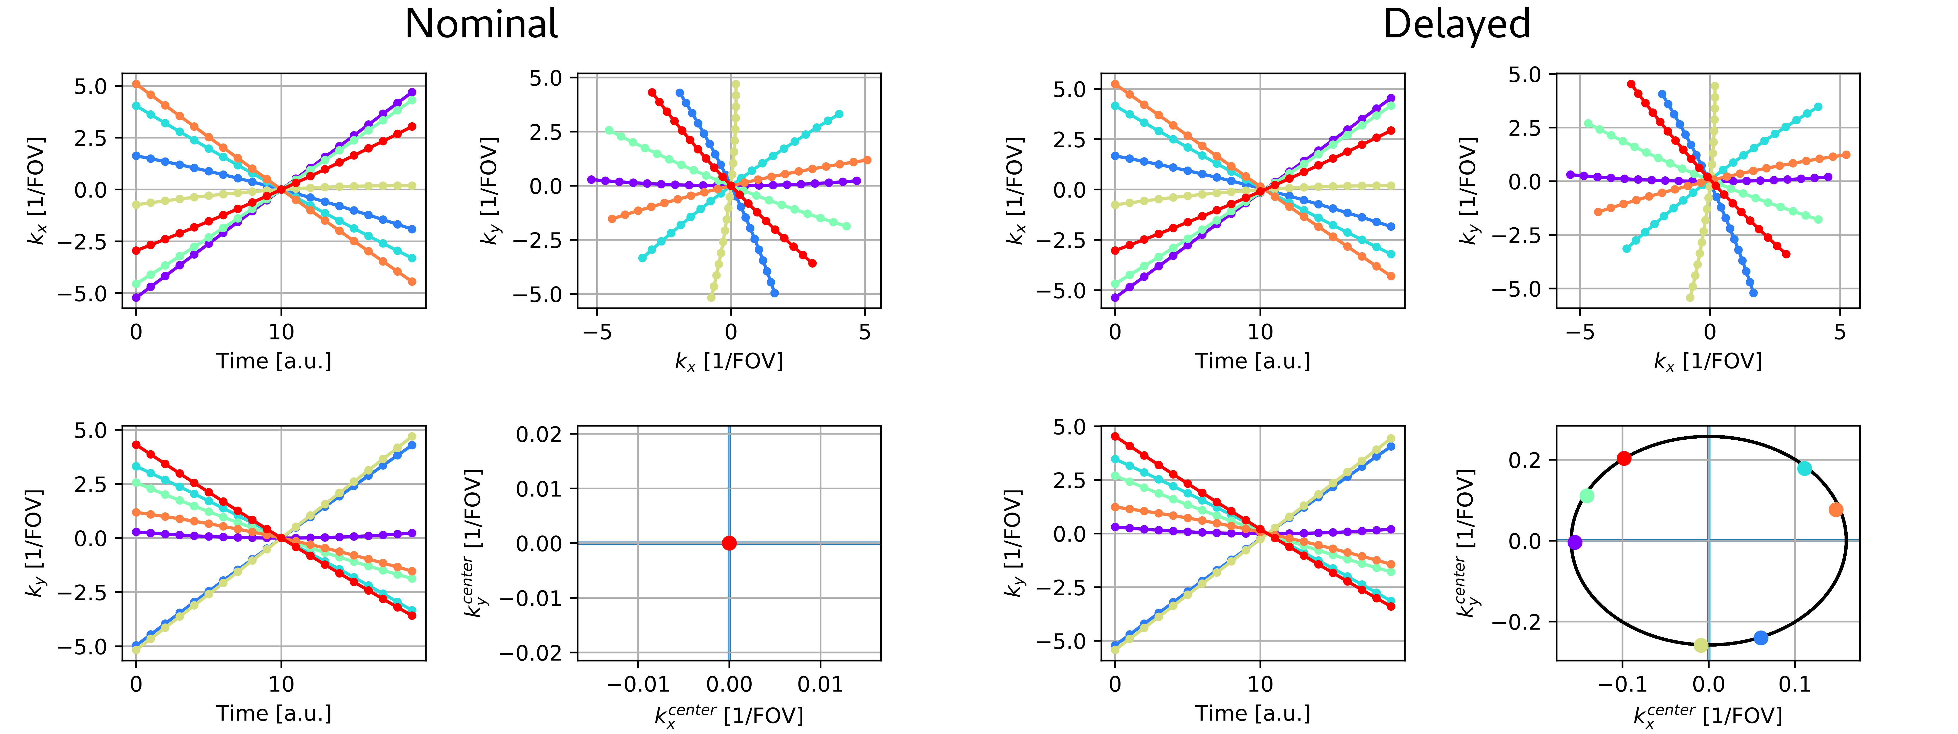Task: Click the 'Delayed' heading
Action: click(1455, 24)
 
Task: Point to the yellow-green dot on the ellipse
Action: click(1701, 645)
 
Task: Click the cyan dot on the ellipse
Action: click(1805, 468)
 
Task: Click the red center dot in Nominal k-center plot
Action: click(729, 543)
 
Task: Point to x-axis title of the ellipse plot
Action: click(1707, 714)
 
